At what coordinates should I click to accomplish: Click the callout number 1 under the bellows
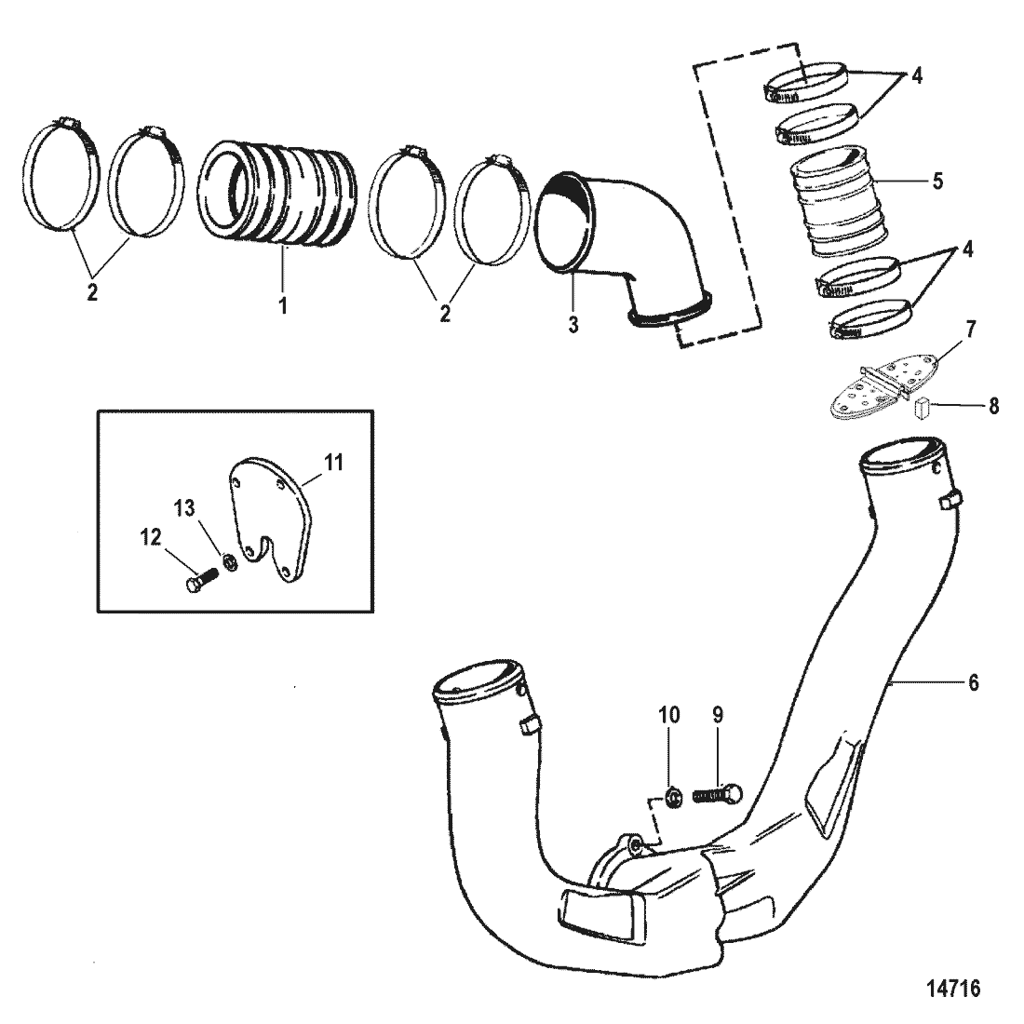tap(282, 303)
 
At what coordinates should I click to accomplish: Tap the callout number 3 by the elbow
tap(573, 325)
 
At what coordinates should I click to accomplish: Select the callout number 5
tap(937, 181)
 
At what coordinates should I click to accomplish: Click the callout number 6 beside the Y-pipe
tap(974, 682)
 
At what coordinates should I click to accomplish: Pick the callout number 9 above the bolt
tap(718, 715)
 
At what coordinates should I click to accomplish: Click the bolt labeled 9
tap(718, 794)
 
